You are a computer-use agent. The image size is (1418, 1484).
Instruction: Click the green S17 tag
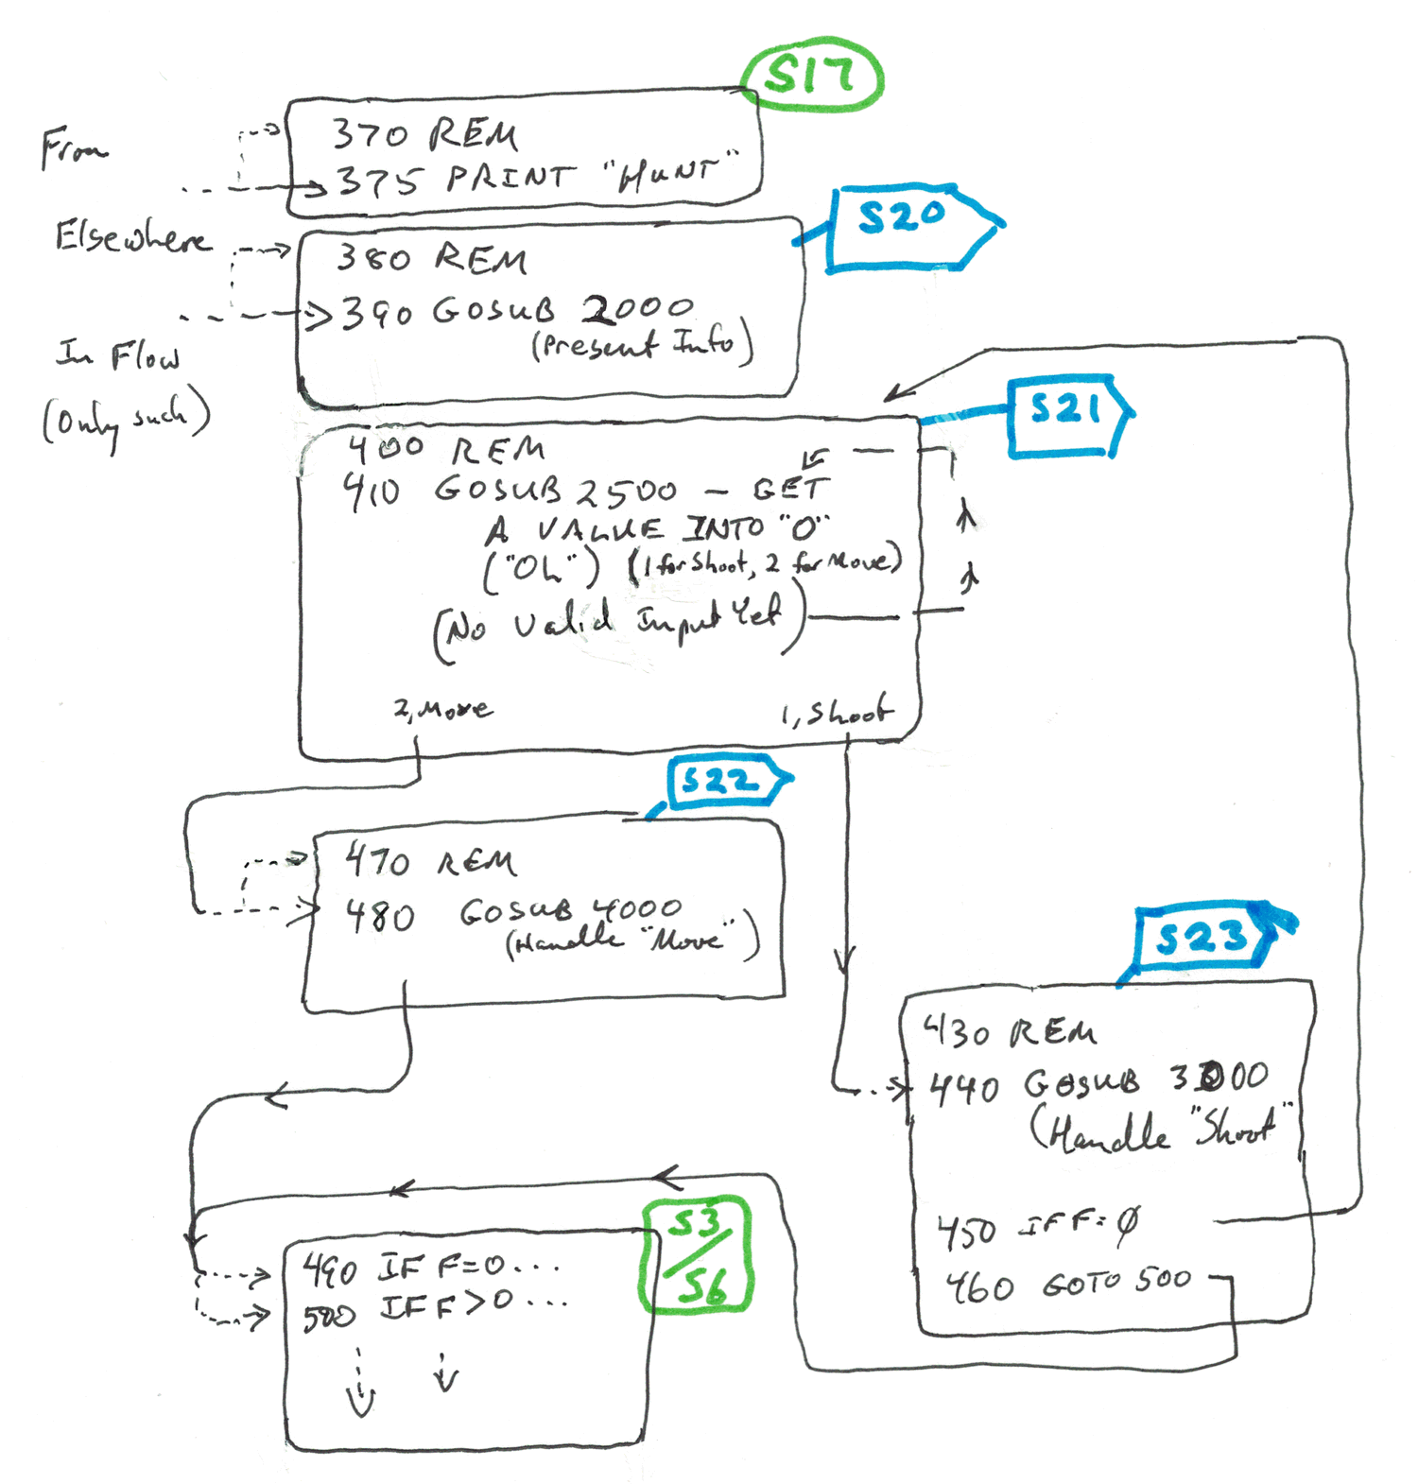(811, 77)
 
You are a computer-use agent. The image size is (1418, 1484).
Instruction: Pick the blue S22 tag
(720, 782)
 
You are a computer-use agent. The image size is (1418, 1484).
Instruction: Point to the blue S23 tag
(1202, 938)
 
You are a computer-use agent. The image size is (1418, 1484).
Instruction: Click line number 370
(372, 135)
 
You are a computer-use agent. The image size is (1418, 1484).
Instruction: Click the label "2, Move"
(442, 709)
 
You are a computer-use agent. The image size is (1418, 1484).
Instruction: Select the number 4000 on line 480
(636, 909)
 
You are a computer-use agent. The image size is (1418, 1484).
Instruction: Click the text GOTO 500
(1115, 1284)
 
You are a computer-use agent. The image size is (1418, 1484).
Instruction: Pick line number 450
(966, 1232)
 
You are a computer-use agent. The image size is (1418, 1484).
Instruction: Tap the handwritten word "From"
(73, 148)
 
